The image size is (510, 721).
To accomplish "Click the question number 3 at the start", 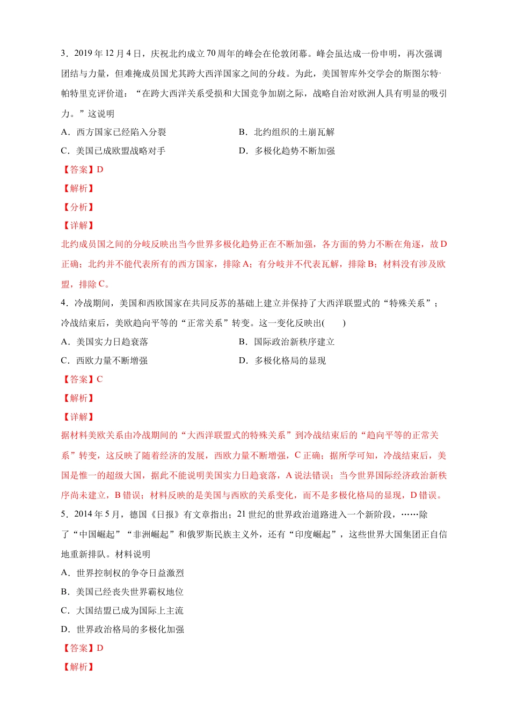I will (63, 54).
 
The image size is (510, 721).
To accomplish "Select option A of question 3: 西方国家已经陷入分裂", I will (114, 132).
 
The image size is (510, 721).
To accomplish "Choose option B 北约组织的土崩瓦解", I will (287, 132).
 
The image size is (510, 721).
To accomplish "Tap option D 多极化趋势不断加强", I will (287, 151).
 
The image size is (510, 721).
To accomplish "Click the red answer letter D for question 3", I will (100, 170).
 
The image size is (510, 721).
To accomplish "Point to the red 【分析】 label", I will (78, 207).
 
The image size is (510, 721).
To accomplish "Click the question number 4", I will (63, 303).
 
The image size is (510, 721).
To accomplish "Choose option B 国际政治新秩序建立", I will (287, 342).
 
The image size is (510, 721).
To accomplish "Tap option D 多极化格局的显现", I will (282, 360).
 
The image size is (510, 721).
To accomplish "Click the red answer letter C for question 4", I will (100, 379).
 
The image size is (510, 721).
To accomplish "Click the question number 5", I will (63, 514).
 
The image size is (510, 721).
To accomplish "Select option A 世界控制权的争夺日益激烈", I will (122, 573).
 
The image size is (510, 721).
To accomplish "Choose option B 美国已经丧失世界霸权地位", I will (122, 592).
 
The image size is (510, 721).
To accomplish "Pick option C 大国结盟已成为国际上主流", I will (122, 610).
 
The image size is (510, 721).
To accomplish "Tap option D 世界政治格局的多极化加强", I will (122, 629).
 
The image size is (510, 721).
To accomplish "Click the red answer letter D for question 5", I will (100, 648).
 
